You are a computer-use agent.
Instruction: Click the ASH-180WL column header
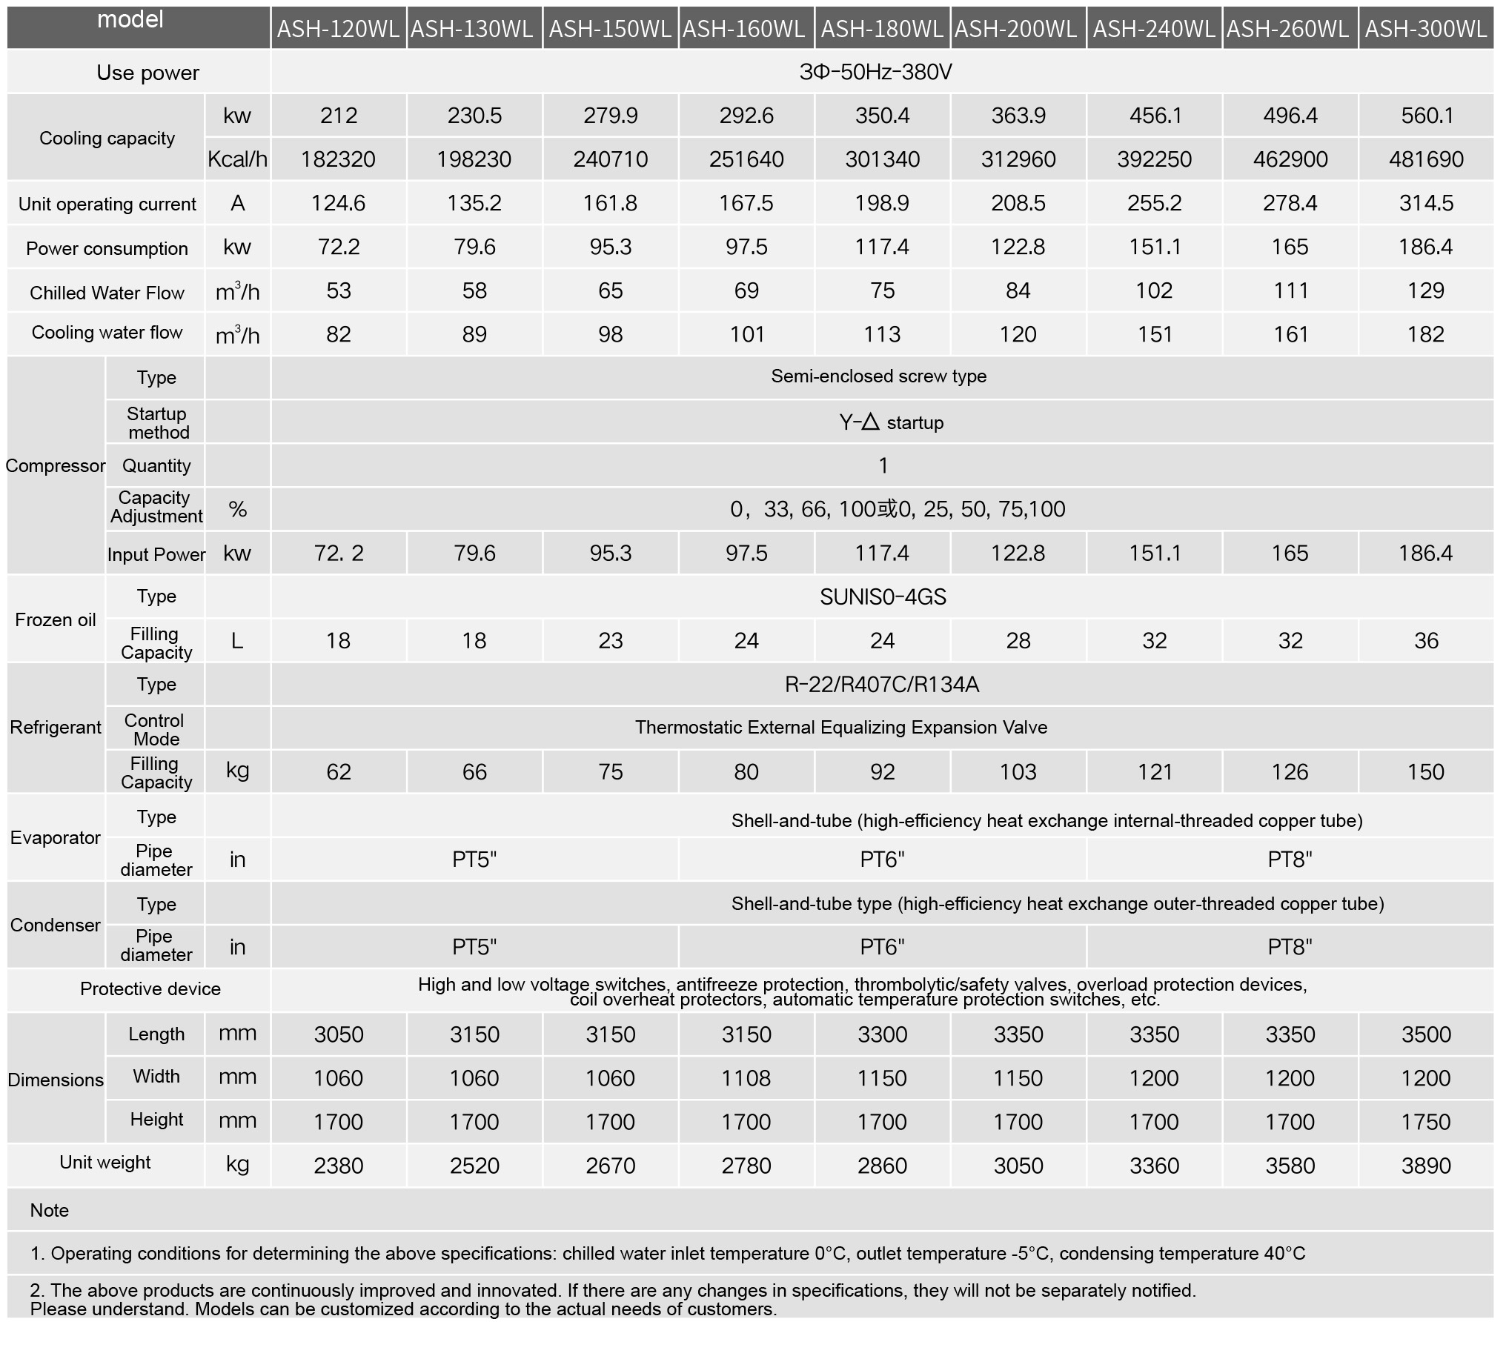point(882,29)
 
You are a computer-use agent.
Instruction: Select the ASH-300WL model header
point(1426,29)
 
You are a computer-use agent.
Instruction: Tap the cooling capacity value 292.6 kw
point(746,116)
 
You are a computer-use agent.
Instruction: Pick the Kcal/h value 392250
point(1154,159)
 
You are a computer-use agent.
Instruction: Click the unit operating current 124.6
point(338,203)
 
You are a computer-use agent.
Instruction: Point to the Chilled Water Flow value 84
point(1018,290)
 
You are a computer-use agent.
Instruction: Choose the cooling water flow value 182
point(1425,334)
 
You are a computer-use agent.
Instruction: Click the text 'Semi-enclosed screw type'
point(878,376)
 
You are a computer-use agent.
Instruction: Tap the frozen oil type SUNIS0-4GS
point(883,596)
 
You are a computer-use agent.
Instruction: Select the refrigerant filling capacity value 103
point(1018,772)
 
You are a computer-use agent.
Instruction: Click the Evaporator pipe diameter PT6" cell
point(882,860)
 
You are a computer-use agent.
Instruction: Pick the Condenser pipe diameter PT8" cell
point(1290,947)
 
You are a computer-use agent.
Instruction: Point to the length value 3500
point(1425,1034)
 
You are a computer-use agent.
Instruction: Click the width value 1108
point(746,1078)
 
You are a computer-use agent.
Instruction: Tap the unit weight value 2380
point(338,1166)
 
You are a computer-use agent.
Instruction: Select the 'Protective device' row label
point(150,989)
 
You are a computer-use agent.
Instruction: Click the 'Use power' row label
point(147,73)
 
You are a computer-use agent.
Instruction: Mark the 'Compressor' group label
point(56,465)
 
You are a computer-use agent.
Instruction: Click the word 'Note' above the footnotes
point(49,1210)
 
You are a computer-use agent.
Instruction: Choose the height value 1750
point(1425,1122)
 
